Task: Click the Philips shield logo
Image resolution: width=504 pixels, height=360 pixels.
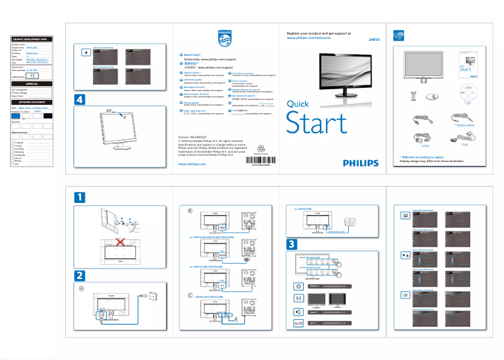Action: tap(224, 37)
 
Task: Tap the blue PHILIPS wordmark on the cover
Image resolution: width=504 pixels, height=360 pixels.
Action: tap(361, 163)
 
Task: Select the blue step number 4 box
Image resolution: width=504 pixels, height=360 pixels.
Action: tap(79, 99)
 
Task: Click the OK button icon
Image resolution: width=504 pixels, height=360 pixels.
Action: tap(405, 295)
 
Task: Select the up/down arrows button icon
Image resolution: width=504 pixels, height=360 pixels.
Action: tap(405, 255)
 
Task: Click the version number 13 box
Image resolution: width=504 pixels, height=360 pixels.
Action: tap(34, 75)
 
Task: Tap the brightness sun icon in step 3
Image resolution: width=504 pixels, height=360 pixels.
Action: tap(298, 286)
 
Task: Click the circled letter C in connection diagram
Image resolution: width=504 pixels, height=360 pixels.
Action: tap(190, 295)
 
